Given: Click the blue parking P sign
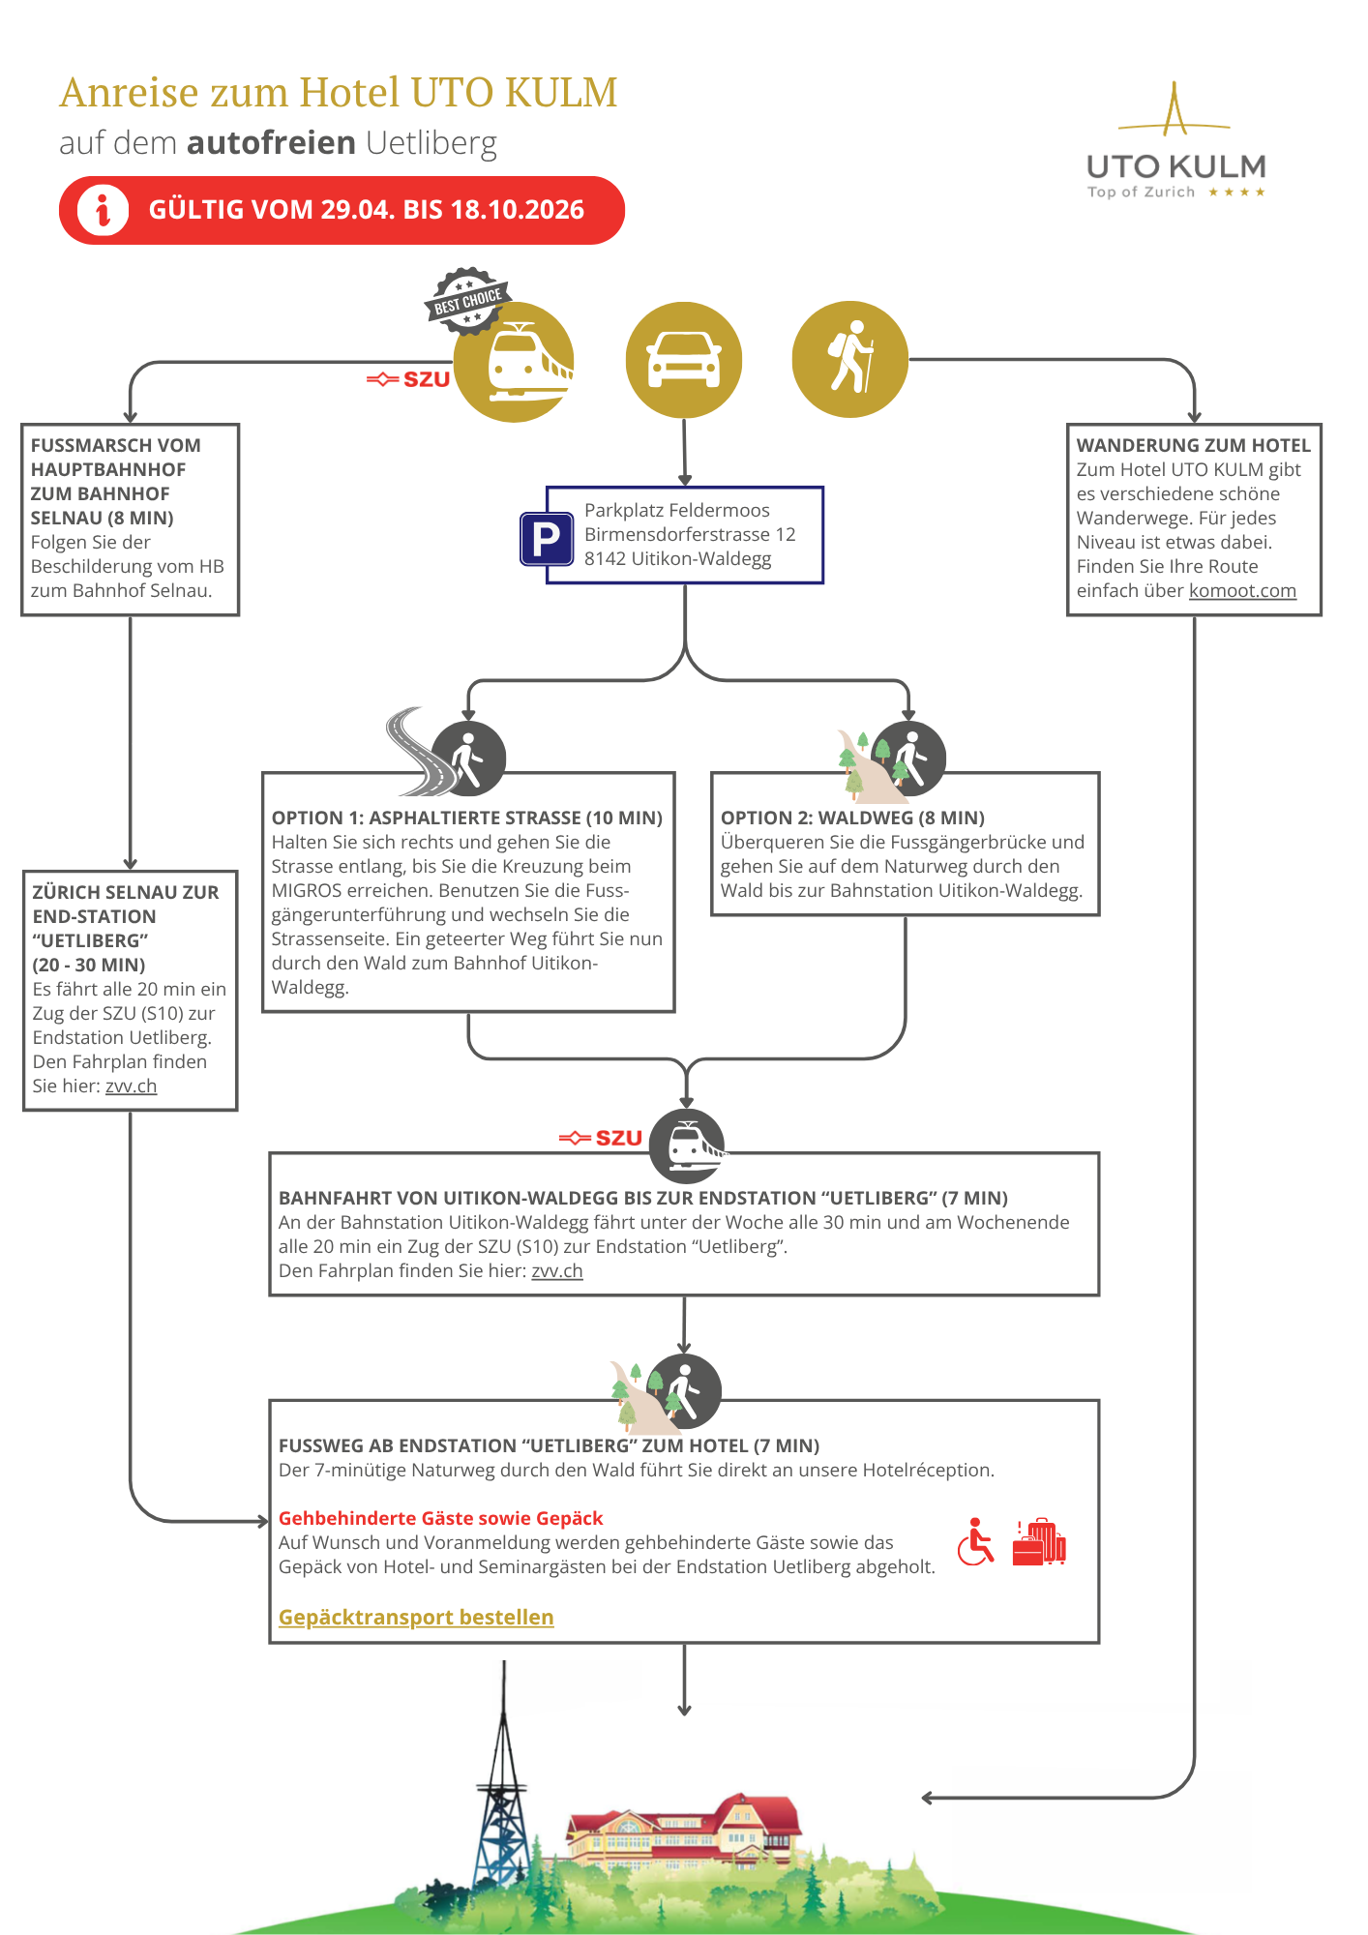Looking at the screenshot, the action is pyautogui.click(x=547, y=539).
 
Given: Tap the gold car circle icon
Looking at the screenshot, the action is pyautogui.click(x=684, y=360).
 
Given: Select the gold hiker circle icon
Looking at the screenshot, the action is pyautogui.click(x=850, y=359).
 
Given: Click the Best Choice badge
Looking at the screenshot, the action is pyautogui.click(x=467, y=301).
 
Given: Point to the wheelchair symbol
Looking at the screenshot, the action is pyautogui.click(x=975, y=1541).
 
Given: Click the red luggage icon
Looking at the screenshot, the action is pyautogui.click(x=1039, y=1541).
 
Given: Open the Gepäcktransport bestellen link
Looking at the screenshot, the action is pyautogui.click(x=416, y=1617).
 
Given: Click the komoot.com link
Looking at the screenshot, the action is pyautogui.click(x=1242, y=590).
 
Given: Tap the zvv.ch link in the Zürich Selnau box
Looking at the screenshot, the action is pyautogui.click(x=131, y=1086).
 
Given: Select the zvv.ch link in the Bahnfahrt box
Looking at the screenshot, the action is pyautogui.click(x=557, y=1270).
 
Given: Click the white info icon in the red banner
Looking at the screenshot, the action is pyautogui.click(x=103, y=210).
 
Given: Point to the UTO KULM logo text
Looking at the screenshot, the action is pyautogui.click(x=1176, y=166).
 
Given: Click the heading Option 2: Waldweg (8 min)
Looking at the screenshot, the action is pyautogui.click(x=852, y=818).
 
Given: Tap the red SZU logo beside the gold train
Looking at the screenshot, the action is pyautogui.click(x=408, y=379).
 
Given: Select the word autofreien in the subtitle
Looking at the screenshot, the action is pyautogui.click(x=272, y=142).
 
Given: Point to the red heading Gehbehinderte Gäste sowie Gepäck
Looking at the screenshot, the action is pyautogui.click(x=440, y=1518).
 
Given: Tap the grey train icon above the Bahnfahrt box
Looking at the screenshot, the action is pyautogui.click(x=687, y=1146).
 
